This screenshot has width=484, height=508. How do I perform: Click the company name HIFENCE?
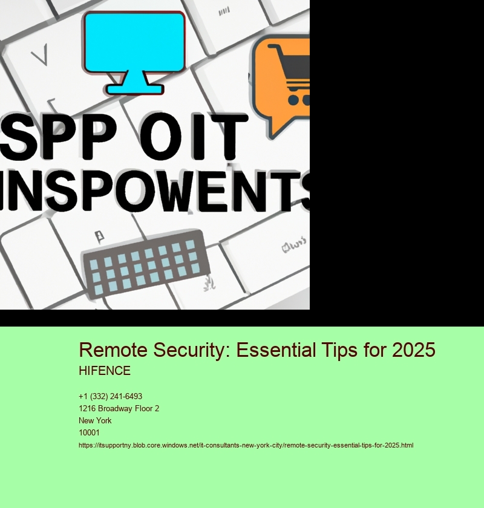pyautogui.click(x=105, y=371)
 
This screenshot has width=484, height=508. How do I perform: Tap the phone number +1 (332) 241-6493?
pyautogui.click(x=110, y=397)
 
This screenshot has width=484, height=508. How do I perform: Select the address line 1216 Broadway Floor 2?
pyautogui.click(x=119, y=409)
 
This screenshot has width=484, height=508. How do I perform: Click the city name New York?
pyautogui.click(x=95, y=420)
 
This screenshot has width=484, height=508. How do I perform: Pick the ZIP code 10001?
pyautogui.click(x=90, y=432)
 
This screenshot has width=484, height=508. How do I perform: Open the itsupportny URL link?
pyautogui.click(x=246, y=445)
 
